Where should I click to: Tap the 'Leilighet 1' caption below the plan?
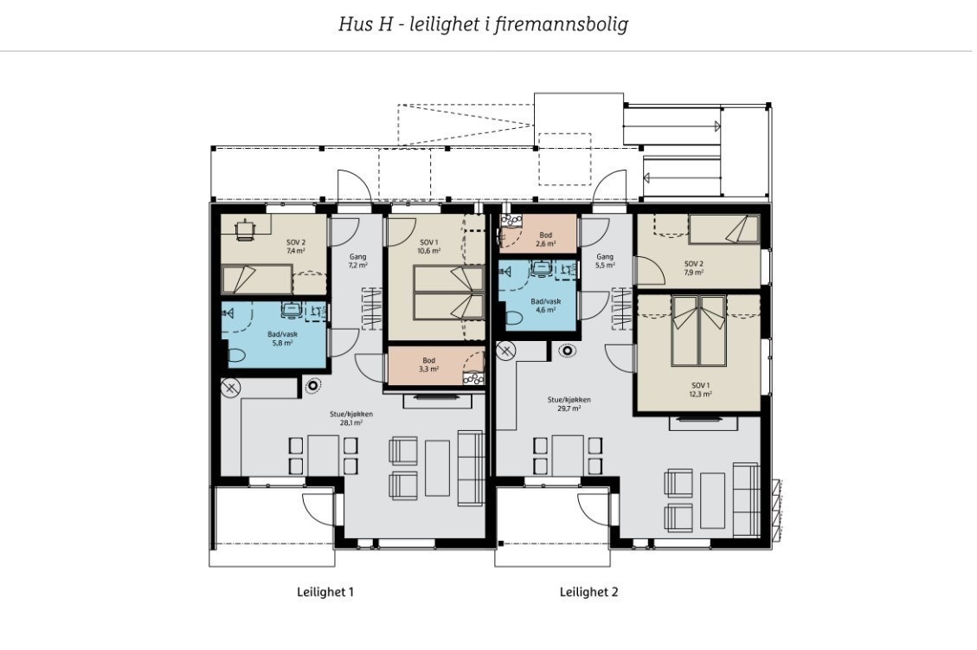pyautogui.click(x=325, y=593)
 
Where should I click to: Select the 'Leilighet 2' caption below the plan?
pyautogui.click(x=588, y=593)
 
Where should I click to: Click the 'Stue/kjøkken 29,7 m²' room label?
pyautogui.click(x=569, y=403)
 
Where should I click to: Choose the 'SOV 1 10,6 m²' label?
pyautogui.click(x=428, y=247)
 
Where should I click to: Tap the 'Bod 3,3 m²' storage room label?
pyautogui.click(x=428, y=364)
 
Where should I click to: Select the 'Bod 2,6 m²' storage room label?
pyautogui.click(x=545, y=240)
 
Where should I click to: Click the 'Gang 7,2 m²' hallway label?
pyautogui.click(x=358, y=261)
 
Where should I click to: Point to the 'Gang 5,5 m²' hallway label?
pyautogui.click(x=605, y=261)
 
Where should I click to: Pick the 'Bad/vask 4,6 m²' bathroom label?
pyautogui.click(x=545, y=306)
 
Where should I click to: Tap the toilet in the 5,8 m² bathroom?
pyautogui.click(x=235, y=354)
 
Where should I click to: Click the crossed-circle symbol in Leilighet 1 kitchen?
pyautogui.click(x=230, y=388)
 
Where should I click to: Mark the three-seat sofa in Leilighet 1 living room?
pyautogui.click(x=471, y=467)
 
